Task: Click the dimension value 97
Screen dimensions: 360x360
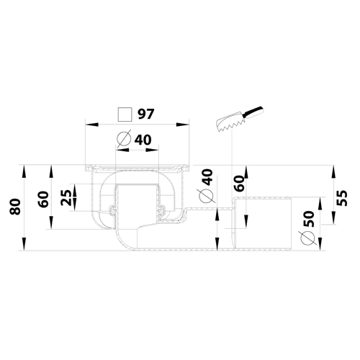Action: click(x=145, y=114)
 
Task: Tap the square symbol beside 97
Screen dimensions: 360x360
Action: click(x=125, y=114)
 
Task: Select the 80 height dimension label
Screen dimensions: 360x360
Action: click(x=15, y=206)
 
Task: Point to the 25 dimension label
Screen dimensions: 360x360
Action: click(x=66, y=197)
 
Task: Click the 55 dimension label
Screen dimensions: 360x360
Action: click(x=341, y=198)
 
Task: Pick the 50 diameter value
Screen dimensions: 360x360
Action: click(x=309, y=219)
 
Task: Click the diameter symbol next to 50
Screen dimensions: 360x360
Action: click(x=307, y=238)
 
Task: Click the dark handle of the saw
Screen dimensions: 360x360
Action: click(x=253, y=112)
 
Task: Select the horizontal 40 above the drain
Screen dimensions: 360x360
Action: click(x=143, y=140)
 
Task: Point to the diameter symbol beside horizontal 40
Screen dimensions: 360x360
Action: click(x=124, y=138)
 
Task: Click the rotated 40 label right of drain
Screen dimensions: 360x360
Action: click(x=207, y=177)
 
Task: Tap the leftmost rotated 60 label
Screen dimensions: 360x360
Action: click(x=43, y=199)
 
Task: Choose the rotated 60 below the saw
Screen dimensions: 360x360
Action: click(x=238, y=183)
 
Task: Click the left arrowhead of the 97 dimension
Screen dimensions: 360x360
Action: click(x=92, y=125)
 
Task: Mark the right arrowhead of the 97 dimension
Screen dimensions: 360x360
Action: click(x=183, y=125)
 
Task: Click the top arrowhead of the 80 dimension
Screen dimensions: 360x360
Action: click(x=24, y=171)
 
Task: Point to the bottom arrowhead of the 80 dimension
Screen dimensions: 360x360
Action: click(x=24, y=244)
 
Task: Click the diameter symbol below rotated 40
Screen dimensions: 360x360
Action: click(x=206, y=196)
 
